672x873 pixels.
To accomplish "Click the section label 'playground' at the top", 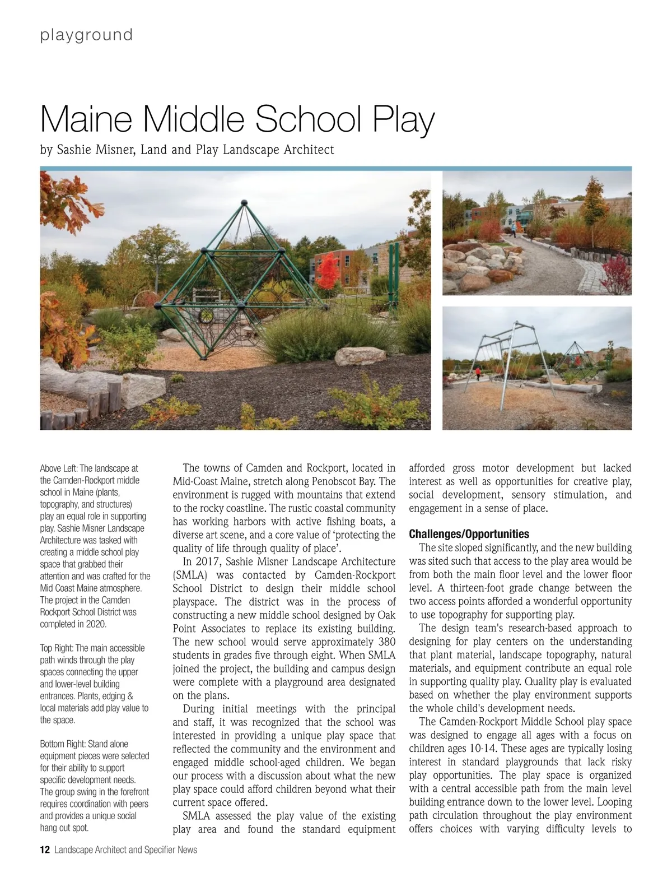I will coord(86,35).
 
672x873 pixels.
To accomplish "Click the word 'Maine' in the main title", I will coord(87,118).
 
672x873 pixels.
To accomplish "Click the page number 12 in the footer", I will coord(45,850).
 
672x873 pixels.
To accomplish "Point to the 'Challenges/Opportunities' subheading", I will coord(469,534).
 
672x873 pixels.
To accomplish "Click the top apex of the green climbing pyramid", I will coord(244,202).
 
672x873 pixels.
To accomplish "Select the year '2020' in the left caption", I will coord(95,624).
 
